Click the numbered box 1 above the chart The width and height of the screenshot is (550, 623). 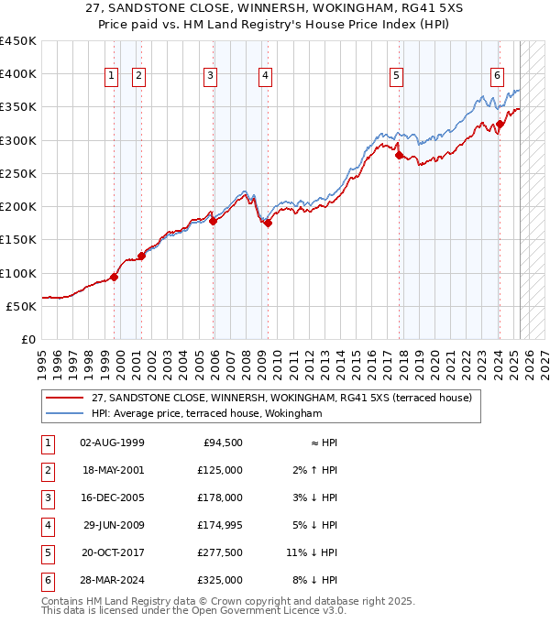click(111, 76)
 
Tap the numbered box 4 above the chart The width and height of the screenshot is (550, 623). click(265, 76)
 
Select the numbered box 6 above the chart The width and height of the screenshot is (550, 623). click(496, 76)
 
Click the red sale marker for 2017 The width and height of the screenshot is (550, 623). click(399, 155)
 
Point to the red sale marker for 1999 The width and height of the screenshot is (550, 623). click(115, 277)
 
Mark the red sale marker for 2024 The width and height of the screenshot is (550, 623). click(500, 124)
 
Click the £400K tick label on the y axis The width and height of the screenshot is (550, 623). click(17, 74)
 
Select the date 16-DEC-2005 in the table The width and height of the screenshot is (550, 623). click(112, 497)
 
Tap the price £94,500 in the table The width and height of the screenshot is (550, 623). click(223, 443)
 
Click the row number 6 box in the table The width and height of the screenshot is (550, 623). click(46, 580)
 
